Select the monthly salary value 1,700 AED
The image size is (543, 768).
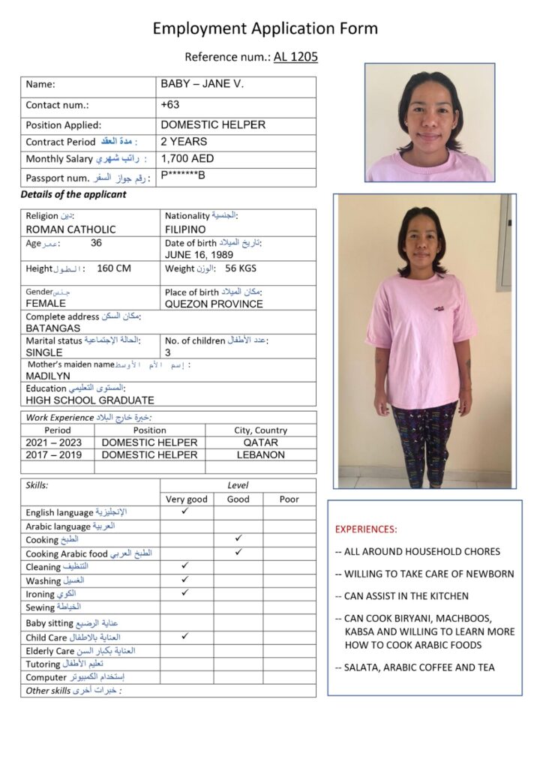187,158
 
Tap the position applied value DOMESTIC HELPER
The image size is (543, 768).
213,124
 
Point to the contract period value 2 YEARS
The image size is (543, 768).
184,141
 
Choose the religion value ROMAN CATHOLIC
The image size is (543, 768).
70,229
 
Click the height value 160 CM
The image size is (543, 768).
114,268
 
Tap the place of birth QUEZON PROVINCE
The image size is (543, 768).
214,304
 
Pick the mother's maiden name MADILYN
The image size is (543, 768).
48,376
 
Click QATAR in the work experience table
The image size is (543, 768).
261,442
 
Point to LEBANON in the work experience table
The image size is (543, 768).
261,454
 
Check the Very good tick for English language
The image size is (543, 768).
186,511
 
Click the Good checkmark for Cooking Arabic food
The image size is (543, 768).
238,552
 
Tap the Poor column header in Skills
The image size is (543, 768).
289,499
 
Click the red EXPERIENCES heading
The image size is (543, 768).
366,529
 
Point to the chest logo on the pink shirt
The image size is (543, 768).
438,307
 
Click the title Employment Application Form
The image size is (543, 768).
265,28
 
